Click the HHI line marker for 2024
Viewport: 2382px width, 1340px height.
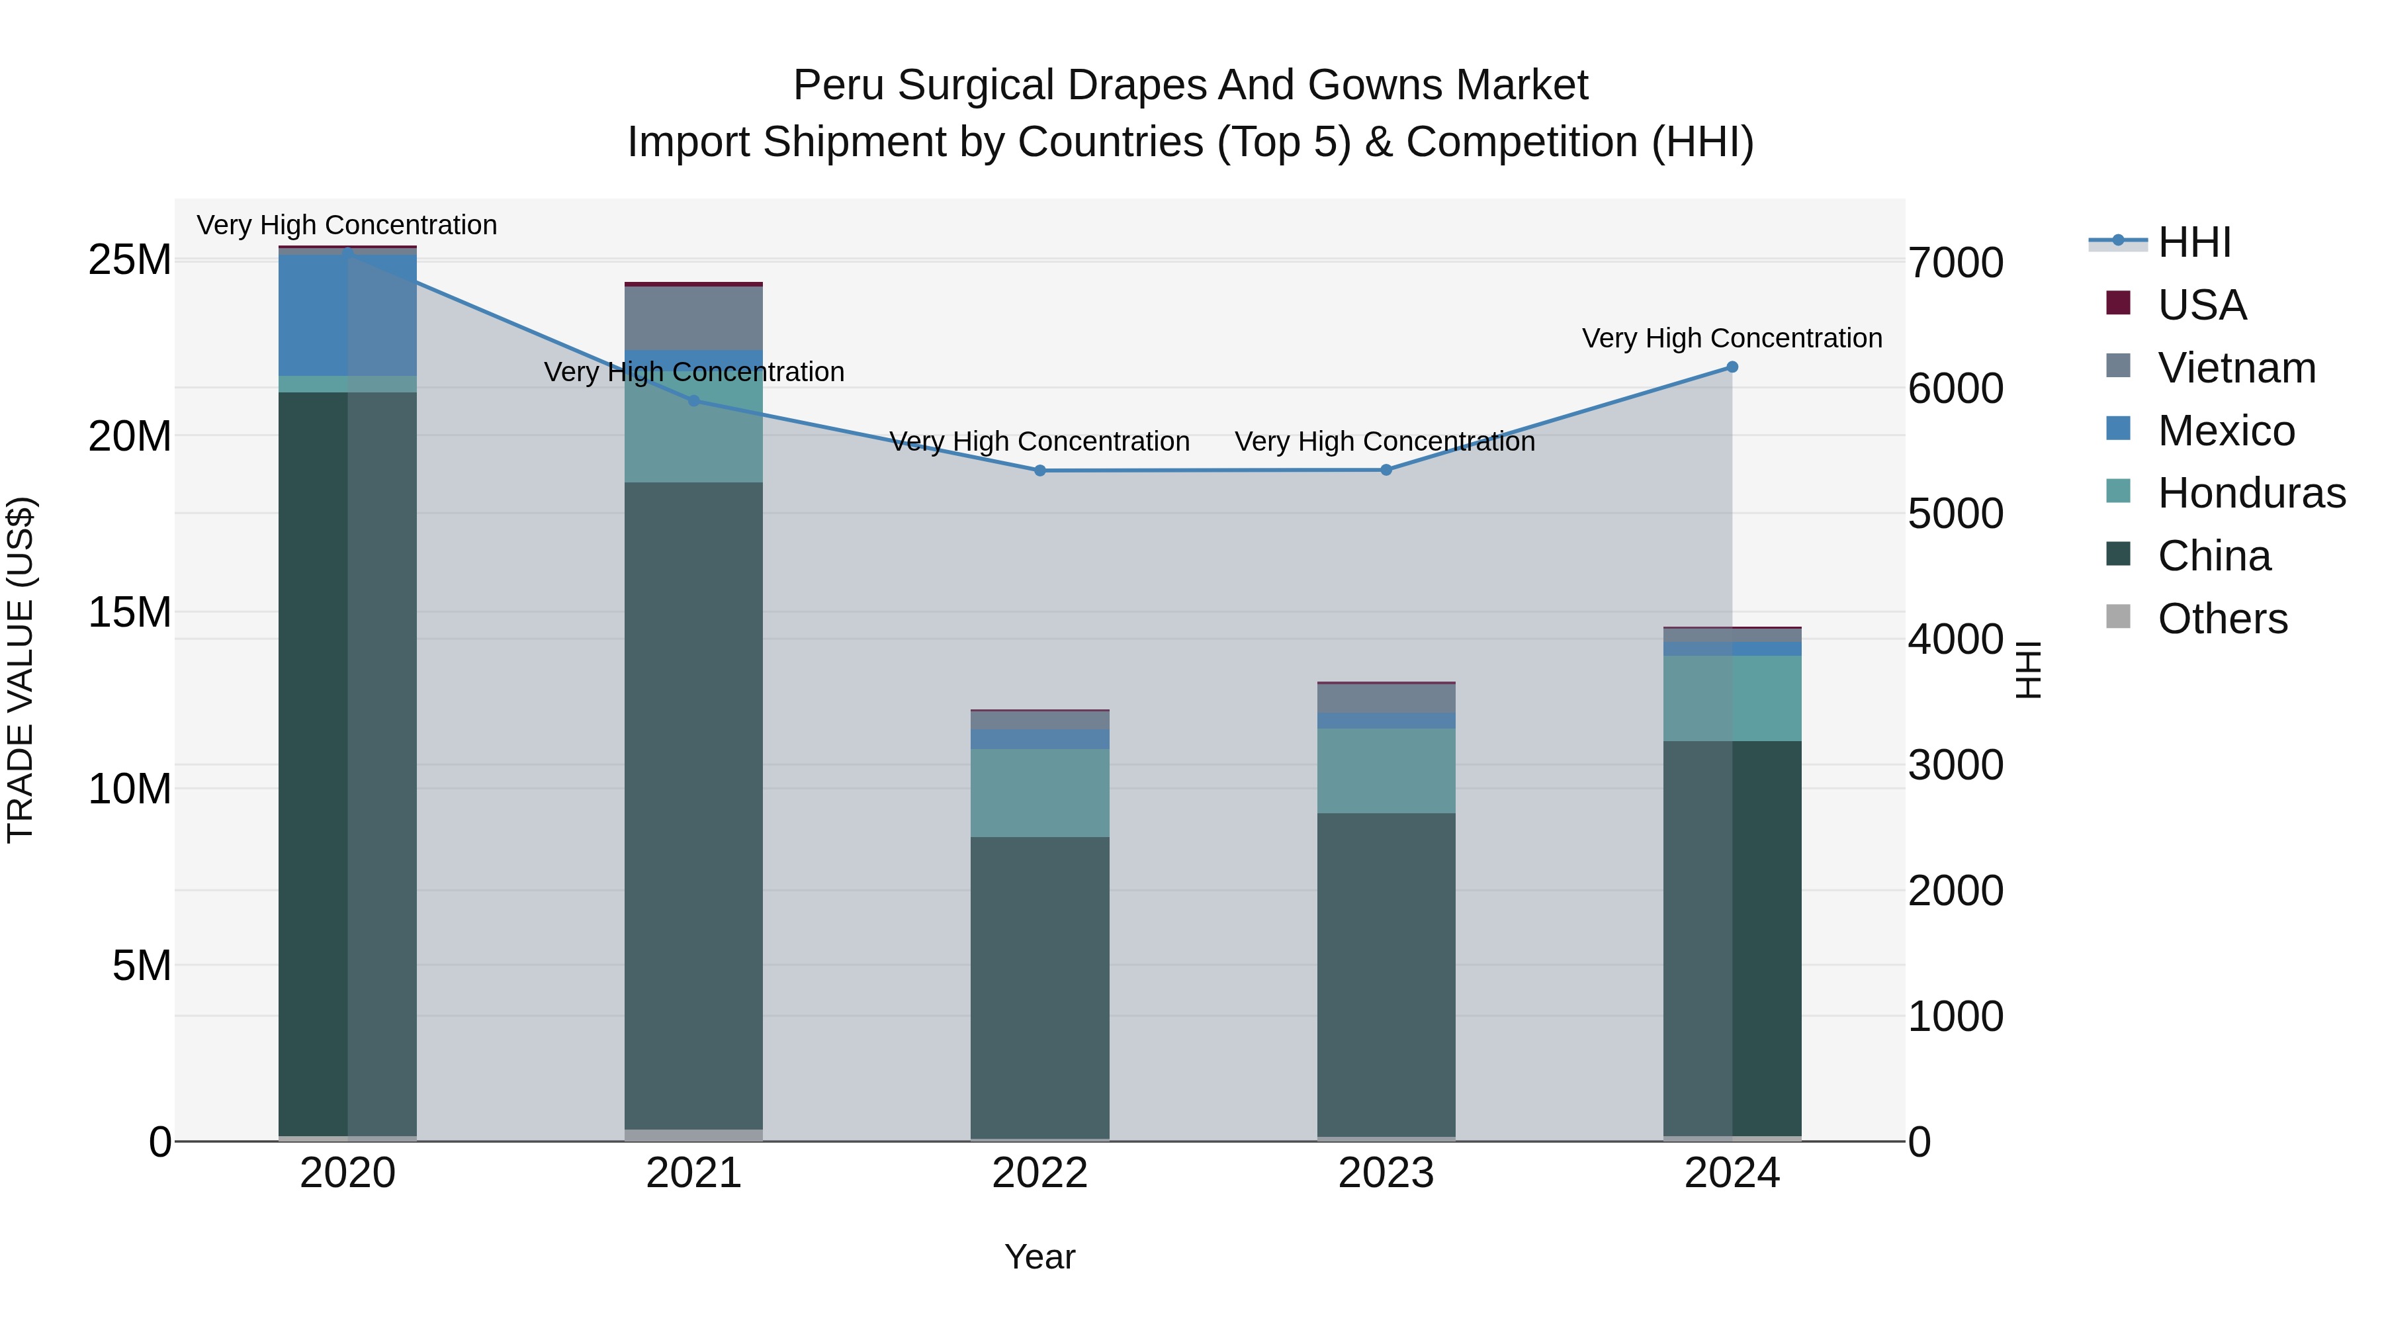(1732, 367)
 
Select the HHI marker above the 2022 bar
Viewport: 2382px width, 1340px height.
(1039, 470)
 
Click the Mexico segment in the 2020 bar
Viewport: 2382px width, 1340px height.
(347, 314)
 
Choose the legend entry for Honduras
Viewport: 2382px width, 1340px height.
(2251, 493)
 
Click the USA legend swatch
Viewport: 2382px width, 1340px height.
(2117, 303)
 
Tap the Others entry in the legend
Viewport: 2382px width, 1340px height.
(2222, 618)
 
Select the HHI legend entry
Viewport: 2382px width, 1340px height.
(2193, 242)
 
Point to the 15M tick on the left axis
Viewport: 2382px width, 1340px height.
(130, 612)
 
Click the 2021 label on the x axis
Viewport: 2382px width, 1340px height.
(693, 1173)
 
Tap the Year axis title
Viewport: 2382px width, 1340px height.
(1039, 1257)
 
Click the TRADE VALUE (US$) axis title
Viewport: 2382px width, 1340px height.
(21, 670)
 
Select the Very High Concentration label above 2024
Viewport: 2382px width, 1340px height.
(1732, 338)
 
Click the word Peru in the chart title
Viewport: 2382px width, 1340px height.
(839, 85)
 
